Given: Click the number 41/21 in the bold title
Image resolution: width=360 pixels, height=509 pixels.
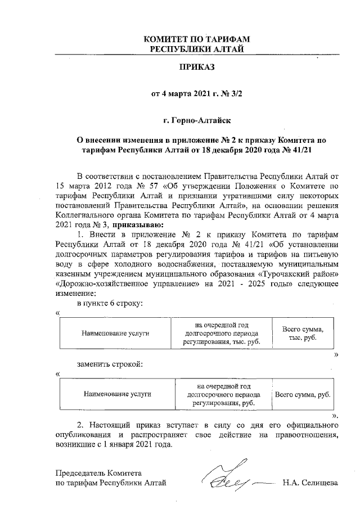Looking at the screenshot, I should (301, 150).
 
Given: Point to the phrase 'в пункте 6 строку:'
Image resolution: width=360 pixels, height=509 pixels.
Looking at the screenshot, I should (110, 303).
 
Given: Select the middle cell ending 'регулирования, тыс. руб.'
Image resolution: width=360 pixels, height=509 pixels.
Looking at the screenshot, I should (222, 333).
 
